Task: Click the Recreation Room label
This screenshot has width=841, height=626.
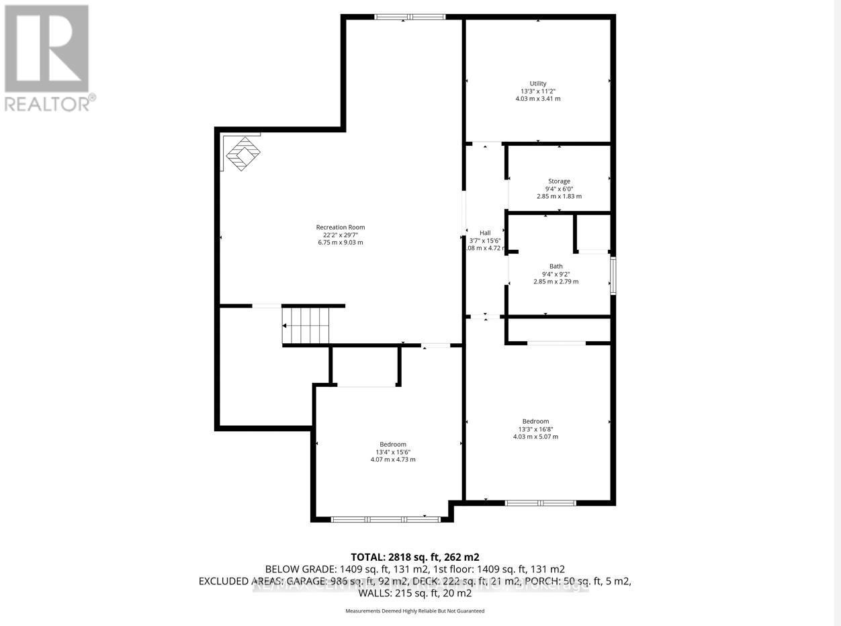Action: tap(341, 227)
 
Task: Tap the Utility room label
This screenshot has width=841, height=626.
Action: tap(538, 83)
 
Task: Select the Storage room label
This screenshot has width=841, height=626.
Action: tap(559, 181)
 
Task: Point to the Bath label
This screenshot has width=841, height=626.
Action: tap(556, 266)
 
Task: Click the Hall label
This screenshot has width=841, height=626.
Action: tap(484, 233)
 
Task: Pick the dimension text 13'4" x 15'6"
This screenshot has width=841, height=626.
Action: tap(393, 452)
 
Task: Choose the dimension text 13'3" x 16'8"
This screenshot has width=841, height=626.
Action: tap(535, 429)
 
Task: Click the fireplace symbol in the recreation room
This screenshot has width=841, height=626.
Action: tap(242, 154)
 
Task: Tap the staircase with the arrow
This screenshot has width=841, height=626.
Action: tap(306, 326)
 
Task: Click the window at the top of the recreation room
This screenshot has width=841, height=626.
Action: tap(410, 17)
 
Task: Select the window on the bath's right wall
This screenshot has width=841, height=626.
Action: tap(613, 275)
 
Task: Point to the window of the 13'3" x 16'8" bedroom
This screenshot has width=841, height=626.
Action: tap(540, 502)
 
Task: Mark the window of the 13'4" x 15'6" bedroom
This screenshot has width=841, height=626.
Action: tap(386, 519)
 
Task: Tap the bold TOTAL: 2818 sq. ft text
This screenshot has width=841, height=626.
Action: tap(414, 557)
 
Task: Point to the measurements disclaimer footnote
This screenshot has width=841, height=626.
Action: tap(414, 611)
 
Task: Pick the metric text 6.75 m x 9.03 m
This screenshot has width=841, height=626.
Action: tap(341, 242)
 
